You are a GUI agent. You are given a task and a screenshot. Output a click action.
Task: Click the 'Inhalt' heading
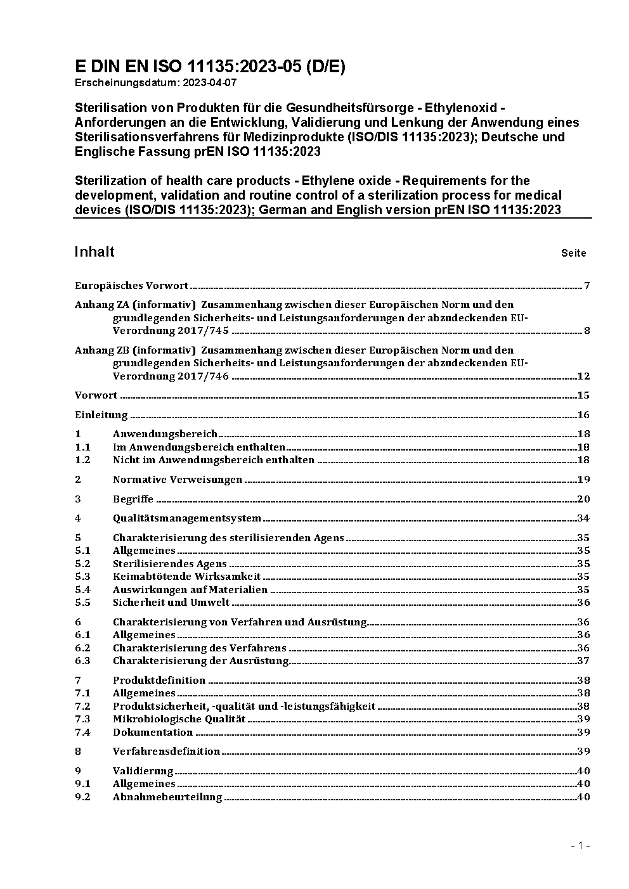tap(94, 252)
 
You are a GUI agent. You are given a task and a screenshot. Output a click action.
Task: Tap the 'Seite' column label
tap(573, 253)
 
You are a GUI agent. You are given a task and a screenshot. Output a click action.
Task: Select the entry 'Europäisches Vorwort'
tap(131, 285)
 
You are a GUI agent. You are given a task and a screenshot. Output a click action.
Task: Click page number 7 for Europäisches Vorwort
tap(587, 285)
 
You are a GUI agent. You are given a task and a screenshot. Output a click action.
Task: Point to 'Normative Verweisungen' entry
tap(178, 479)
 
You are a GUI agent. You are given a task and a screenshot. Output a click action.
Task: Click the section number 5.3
tap(82, 576)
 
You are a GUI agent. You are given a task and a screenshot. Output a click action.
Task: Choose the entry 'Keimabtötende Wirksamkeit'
tap(186, 576)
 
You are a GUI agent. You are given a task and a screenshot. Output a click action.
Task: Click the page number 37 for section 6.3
tap(583, 660)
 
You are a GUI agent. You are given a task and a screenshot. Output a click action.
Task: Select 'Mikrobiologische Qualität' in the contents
tap(179, 719)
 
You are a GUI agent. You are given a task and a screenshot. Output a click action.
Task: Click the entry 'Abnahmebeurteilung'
tap(167, 796)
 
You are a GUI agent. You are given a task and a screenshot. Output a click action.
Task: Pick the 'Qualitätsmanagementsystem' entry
tap(186, 518)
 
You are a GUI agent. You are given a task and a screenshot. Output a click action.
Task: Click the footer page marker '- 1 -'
tap(580, 845)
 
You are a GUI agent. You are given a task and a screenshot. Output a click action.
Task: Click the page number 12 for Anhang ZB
tap(583, 376)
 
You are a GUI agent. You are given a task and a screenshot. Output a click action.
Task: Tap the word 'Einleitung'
tap(101, 415)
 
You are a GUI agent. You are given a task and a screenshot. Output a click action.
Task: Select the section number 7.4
tap(82, 732)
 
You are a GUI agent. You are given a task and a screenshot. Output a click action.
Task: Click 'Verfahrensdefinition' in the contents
tap(166, 751)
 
